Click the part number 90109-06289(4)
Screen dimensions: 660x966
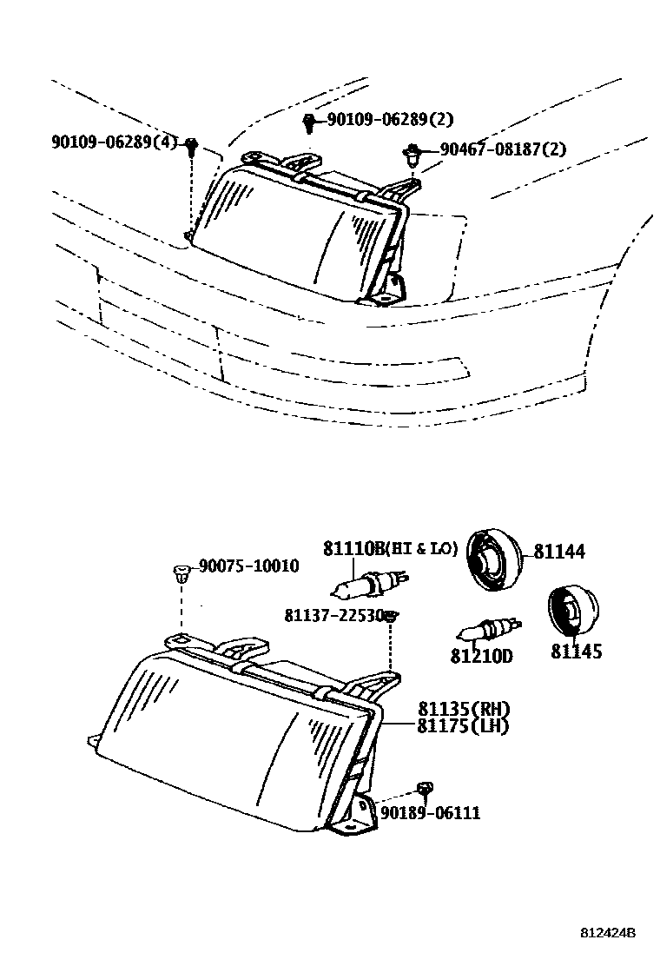(x=114, y=142)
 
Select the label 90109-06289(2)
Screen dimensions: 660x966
(x=390, y=119)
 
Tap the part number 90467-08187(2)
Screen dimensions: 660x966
(x=502, y=149)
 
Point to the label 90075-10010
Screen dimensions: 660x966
(x=248, y=566)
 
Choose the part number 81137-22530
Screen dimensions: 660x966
(x=333, y=615)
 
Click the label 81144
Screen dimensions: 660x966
(x=558, y=552)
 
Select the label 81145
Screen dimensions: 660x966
(x=576, y=651)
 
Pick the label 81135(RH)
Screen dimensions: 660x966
(x=463, y=709)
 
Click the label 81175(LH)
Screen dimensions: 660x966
(x=463, y=725)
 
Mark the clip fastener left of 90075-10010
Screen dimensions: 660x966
(x=180, y=572)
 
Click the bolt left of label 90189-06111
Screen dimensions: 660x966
(x=425, y=789)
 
